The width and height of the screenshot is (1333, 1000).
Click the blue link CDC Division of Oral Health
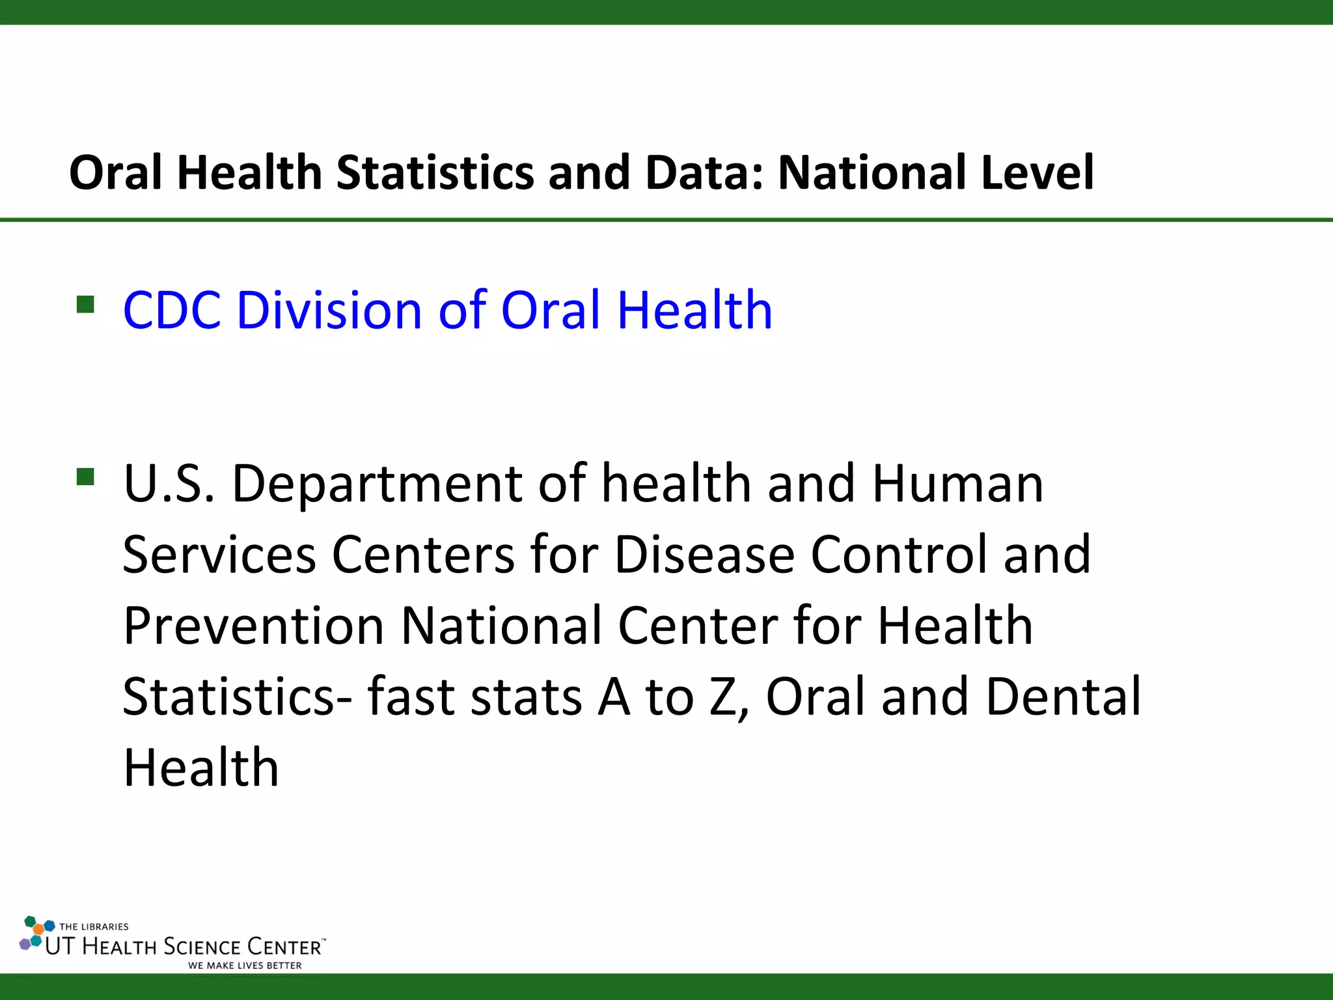[x=448, y=310]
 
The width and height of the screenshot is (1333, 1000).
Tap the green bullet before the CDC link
[x=85, y=304]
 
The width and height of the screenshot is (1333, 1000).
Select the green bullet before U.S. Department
[x=85, y=477]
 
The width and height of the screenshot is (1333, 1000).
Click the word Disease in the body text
[x=704, y=555]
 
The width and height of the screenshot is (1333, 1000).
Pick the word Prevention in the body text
[x=253, y=626]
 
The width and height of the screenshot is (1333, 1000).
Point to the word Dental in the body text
[x=1064, y=697]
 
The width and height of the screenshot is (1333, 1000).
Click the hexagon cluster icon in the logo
[x=36, y=933]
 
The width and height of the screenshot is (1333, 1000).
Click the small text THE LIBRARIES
[x=94, y=926]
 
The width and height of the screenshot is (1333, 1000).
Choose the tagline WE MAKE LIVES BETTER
[x=245, y=965]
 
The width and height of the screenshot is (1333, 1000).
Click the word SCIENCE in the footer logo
[x=202, y=947]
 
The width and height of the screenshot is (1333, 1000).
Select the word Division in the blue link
[x=329, y=310]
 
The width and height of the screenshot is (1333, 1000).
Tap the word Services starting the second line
[x=219, y=555]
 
